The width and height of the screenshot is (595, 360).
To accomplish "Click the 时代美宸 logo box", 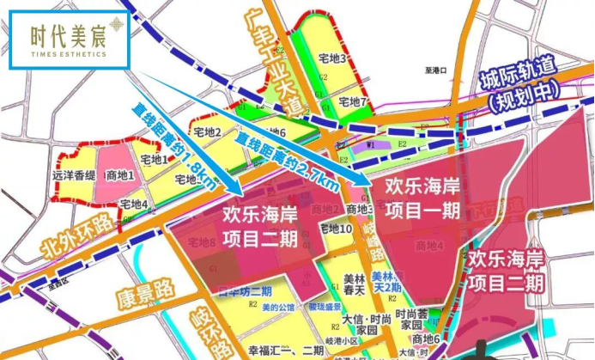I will click(x=69, y=40).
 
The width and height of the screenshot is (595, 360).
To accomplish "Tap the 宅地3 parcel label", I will click(x=332, y=59).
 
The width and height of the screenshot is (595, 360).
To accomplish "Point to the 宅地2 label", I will click(x=207, y=132).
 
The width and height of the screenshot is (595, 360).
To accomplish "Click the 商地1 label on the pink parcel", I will click(x=118, y=175).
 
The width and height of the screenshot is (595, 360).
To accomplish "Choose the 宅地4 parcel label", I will click(x=134, y=204).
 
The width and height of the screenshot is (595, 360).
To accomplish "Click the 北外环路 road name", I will click(x=78, y=240).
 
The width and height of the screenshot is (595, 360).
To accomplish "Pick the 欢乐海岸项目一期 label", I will click(x=422, y=198).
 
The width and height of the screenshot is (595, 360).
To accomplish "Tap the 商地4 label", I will click(x=428, y=246).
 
